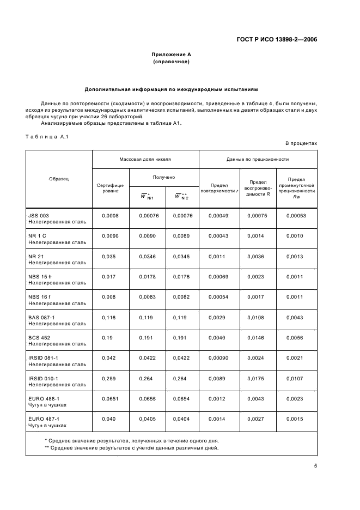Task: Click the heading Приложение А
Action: (171, 54)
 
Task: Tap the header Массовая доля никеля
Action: (145, 159)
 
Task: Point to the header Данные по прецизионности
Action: (258, 159)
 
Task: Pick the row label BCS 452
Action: (39, 338)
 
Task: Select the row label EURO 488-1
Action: (43, 399)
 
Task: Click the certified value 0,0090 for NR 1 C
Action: (111, 235)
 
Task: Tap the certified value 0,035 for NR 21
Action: (109, 256)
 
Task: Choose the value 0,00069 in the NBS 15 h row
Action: (218, 276)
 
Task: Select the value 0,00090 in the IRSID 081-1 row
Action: (218, 358)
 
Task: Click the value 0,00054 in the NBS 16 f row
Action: (218, 297)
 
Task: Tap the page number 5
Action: (315, 466)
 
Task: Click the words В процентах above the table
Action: (301, 143)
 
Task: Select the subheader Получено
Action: (163, 177)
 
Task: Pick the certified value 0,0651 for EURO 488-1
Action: (111, 399)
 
